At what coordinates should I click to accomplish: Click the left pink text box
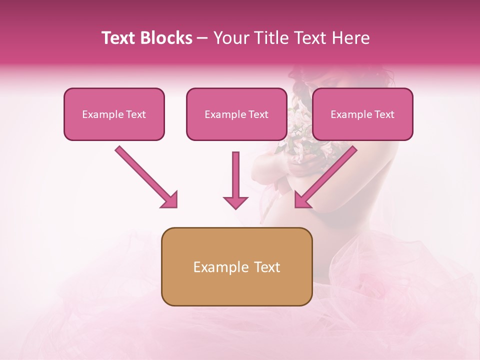pyautogui.click(x=114, y=114)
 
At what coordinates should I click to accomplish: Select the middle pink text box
pyautogui.click(x=236, y=114)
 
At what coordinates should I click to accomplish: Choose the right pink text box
pyautogui.click(x=362, y=114)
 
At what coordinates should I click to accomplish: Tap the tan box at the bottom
pyautogui.click(x=236, y=266)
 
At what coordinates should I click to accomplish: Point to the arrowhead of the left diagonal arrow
pyautogui.click(x=170, y=200)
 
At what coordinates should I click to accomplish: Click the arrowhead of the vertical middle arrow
pyautogui.click(x=235, y=202)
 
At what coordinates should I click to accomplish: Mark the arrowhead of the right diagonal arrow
pyautogui.click(x=302, y=200)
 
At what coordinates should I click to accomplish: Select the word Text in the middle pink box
pyautogui.click(x=258, y=114)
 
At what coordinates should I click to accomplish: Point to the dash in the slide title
pyautogui.click(x=202, y=38)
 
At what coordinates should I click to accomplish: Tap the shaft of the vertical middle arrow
pyautogui.click(x=235, y=172)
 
